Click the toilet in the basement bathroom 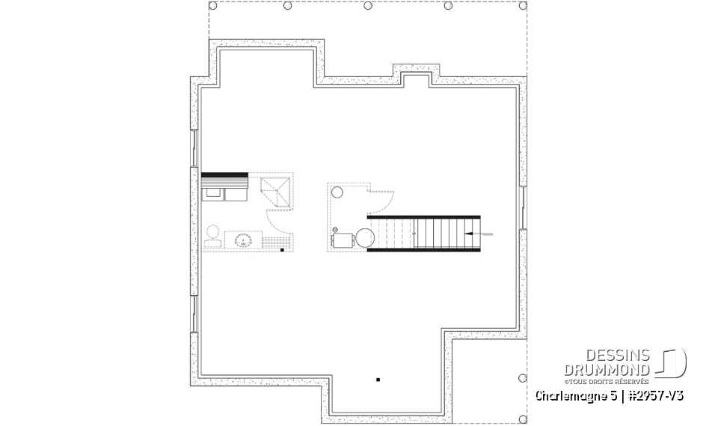[212, 235]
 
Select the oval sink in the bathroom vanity [242, 240]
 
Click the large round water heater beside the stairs [364, 238]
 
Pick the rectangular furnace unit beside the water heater [343, 240]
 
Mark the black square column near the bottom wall [378, 380]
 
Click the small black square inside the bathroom [282, 249]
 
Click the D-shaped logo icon [673, 361]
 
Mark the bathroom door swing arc [278, 221]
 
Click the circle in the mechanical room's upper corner [336, 192]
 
